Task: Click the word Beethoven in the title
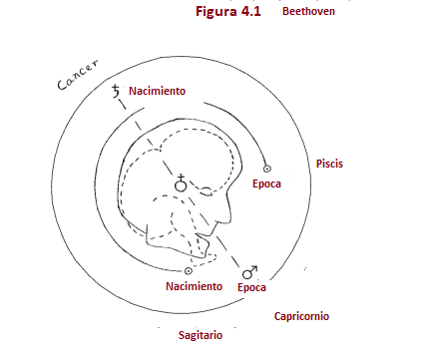pyautogui.click(x=308, y=12)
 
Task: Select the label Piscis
pyautogui.click(x=330, y=163)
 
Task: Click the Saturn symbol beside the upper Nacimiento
pyautogui.click(x=117, y=93)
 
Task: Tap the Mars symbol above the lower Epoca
pyautogui.click(x=251, y=270)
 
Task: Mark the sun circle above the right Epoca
pyautogui.click(x=265, y=169)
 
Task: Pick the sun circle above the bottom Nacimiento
pyautogui.click(x=189, y=270)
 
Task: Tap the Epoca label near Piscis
pyautogui.click(x=265, y=185)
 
